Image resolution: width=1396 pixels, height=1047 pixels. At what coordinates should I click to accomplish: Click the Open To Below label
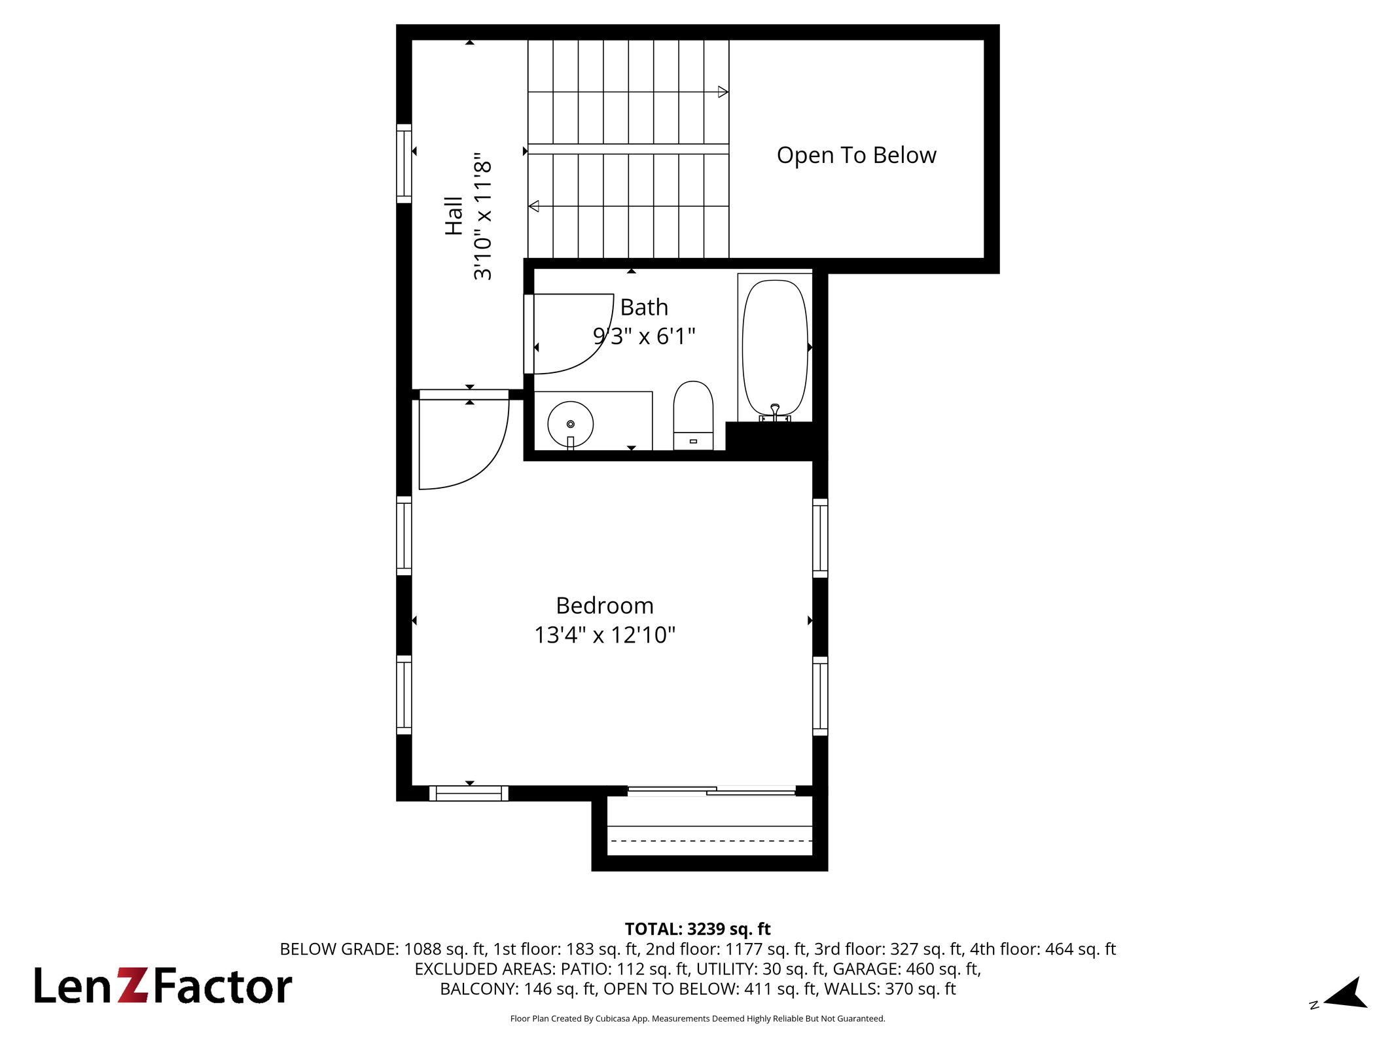click(856, 155)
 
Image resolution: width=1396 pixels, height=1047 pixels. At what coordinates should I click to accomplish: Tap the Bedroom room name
click(605, 605)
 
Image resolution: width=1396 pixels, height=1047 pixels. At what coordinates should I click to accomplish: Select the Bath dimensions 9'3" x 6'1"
click(644, 336)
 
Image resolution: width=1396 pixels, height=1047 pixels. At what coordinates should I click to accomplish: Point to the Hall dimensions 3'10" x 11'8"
click(482, 217)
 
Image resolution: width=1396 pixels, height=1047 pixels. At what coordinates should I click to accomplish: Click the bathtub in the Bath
click(775, 347)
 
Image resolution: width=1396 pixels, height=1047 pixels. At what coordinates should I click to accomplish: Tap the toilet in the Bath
click(693, 416)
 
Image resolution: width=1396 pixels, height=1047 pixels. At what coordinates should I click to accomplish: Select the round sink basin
click(570, 424)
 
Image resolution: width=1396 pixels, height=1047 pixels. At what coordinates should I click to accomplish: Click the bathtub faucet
click(775, 413)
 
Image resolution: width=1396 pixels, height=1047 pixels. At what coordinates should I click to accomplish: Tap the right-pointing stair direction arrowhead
click(723, 92)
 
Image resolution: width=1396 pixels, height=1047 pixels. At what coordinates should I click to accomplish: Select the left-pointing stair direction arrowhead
click(533, 206)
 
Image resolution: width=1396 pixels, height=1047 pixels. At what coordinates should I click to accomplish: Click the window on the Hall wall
click(404, 164)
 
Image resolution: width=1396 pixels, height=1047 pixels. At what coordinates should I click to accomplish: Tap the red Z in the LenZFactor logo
click(134, 985)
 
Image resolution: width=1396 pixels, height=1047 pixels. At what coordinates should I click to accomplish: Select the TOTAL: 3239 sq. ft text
click(698, 929)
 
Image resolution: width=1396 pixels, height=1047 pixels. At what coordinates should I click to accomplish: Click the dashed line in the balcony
click(710, 841)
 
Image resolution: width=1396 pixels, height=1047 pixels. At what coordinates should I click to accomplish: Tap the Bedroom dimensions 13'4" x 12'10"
click(605, 635)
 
